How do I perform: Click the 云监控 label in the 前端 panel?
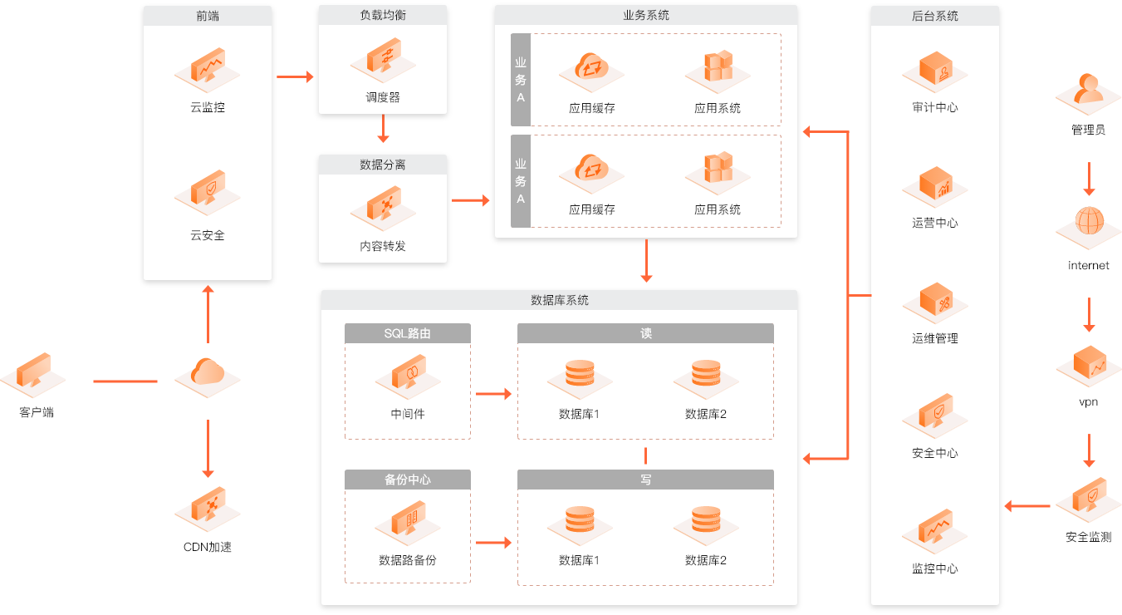208,107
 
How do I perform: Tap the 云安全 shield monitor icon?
208,192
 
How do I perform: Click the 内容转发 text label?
383,246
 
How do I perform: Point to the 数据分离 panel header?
383,165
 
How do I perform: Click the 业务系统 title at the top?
646,15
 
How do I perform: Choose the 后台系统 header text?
934,16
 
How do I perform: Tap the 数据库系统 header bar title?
560,300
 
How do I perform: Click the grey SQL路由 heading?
408,333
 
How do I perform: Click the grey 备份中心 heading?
408,480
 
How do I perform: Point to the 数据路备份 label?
408,560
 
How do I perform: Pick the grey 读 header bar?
645,333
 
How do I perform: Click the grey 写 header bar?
645,480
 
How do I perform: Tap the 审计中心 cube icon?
935,71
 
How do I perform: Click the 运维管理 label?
935,338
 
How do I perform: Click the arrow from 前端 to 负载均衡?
295,77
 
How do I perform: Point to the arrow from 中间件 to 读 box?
493,394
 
